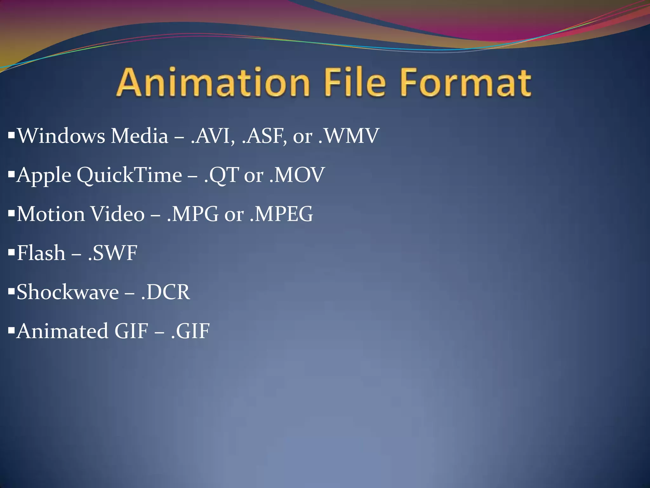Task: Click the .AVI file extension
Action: (x=213, y=136)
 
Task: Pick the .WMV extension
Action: (x=349, y=136)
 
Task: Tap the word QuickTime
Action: (x=129, y=175)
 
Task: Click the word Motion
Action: (x=50, y=214)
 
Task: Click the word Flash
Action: (x=41, y=253)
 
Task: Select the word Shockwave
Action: (x=68, y=292)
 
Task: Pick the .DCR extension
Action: (x=165, y=292)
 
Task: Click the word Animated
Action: (x=62, y=331)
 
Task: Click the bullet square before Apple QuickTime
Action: (x=11, y=174)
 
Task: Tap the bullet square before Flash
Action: (x=11, y=252)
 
